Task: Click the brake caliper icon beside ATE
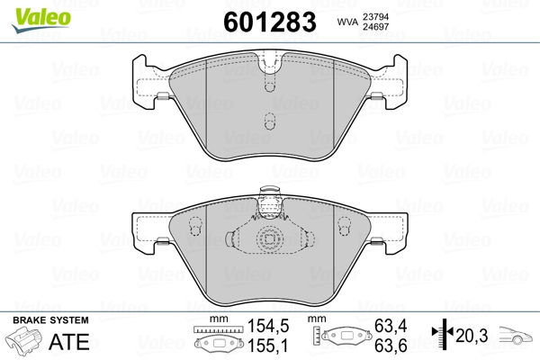pyautogui.click(x=25, y=343)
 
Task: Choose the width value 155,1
pyautogui.click(x=268, y=345)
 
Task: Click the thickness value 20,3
pyautogui.click(x=472, y=336)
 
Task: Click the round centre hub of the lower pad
pyautogui.click(x=268, y=240)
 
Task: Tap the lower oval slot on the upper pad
pyautogui.click(x=268, y=121)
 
